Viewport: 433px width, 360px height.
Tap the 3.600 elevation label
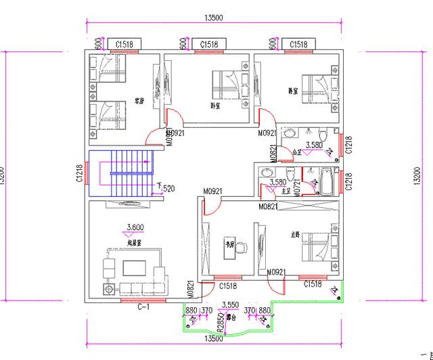tap(135, 227)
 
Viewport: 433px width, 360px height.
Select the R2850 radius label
tap(220, 317)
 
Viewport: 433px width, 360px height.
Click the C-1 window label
tap(143, 307)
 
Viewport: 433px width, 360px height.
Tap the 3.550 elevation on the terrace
tap(230, 305)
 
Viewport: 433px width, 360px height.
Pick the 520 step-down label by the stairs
tap(168, 187)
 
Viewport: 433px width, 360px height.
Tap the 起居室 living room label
tap(133, 242)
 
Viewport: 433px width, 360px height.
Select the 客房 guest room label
tap(139, 96)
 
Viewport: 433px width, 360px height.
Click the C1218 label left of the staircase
tap(79, 174)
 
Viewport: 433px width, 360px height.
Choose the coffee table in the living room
tap(133, 268)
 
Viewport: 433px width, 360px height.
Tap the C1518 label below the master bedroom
tap(311, 284)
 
